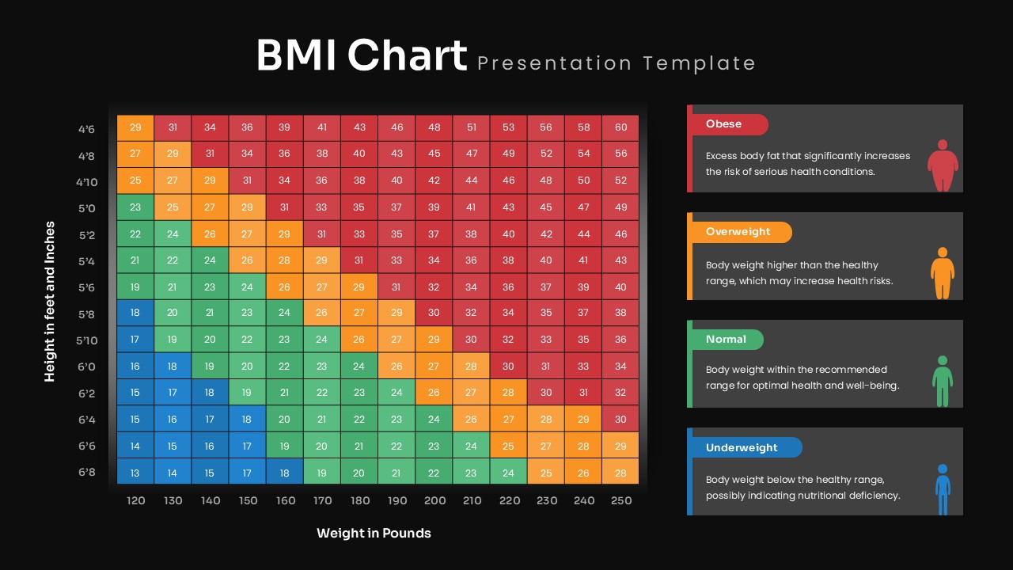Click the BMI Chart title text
click(x=362, y=56)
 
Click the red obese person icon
click(x=943, y=165)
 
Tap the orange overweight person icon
click(x=942, y=273)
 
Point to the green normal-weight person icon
click(x=942, y=381)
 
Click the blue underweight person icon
click(x=943, y=489)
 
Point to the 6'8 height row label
click(x=87, y=473)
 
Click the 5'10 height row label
click(x=87, y=340)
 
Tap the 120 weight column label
click(x=136, y=500)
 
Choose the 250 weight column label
click(x=621, y=500)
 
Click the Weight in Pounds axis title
click(x=374, y=533)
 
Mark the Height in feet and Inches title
click(x=50, y=301)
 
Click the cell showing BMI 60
click(x=620, y=127)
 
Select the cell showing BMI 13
click(x=135, y=473)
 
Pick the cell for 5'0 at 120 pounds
click(x=135, y=207)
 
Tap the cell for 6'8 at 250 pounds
click(x=620, y=473)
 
